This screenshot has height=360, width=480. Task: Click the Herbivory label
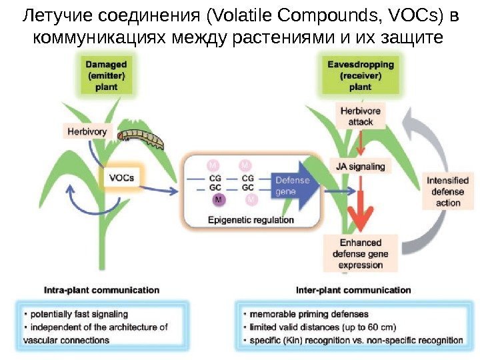87,132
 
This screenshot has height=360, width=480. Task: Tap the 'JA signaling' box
361,166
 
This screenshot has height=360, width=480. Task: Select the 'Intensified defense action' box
448,191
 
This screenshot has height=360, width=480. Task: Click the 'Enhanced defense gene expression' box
360,253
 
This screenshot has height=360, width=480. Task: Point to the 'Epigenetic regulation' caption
251,220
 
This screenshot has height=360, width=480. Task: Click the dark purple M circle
218,199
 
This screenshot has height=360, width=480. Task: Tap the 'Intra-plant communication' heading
101,290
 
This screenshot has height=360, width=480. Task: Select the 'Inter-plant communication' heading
353,290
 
